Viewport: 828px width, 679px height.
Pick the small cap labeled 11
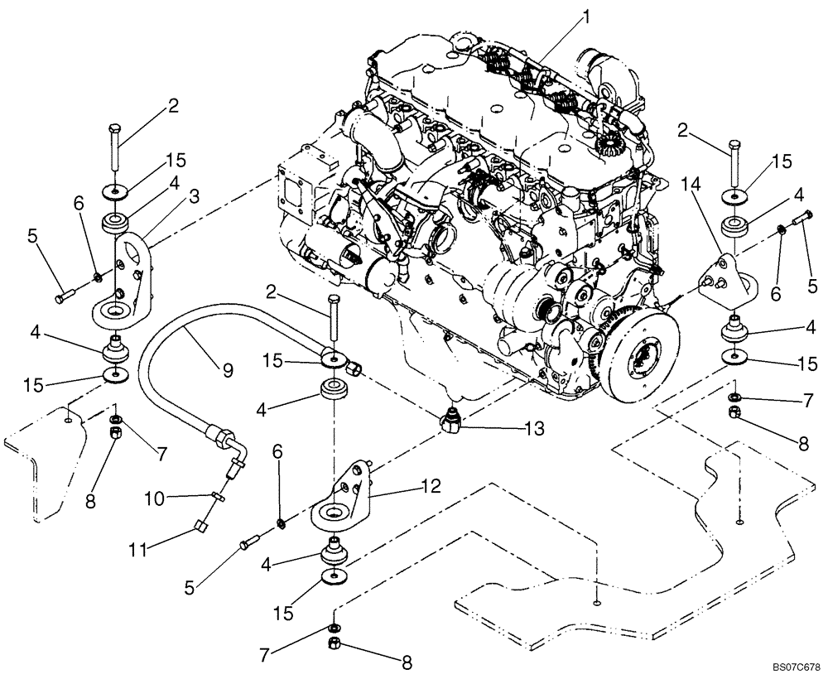tap(201, 524)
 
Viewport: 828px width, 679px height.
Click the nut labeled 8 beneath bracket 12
tap(335, 643)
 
